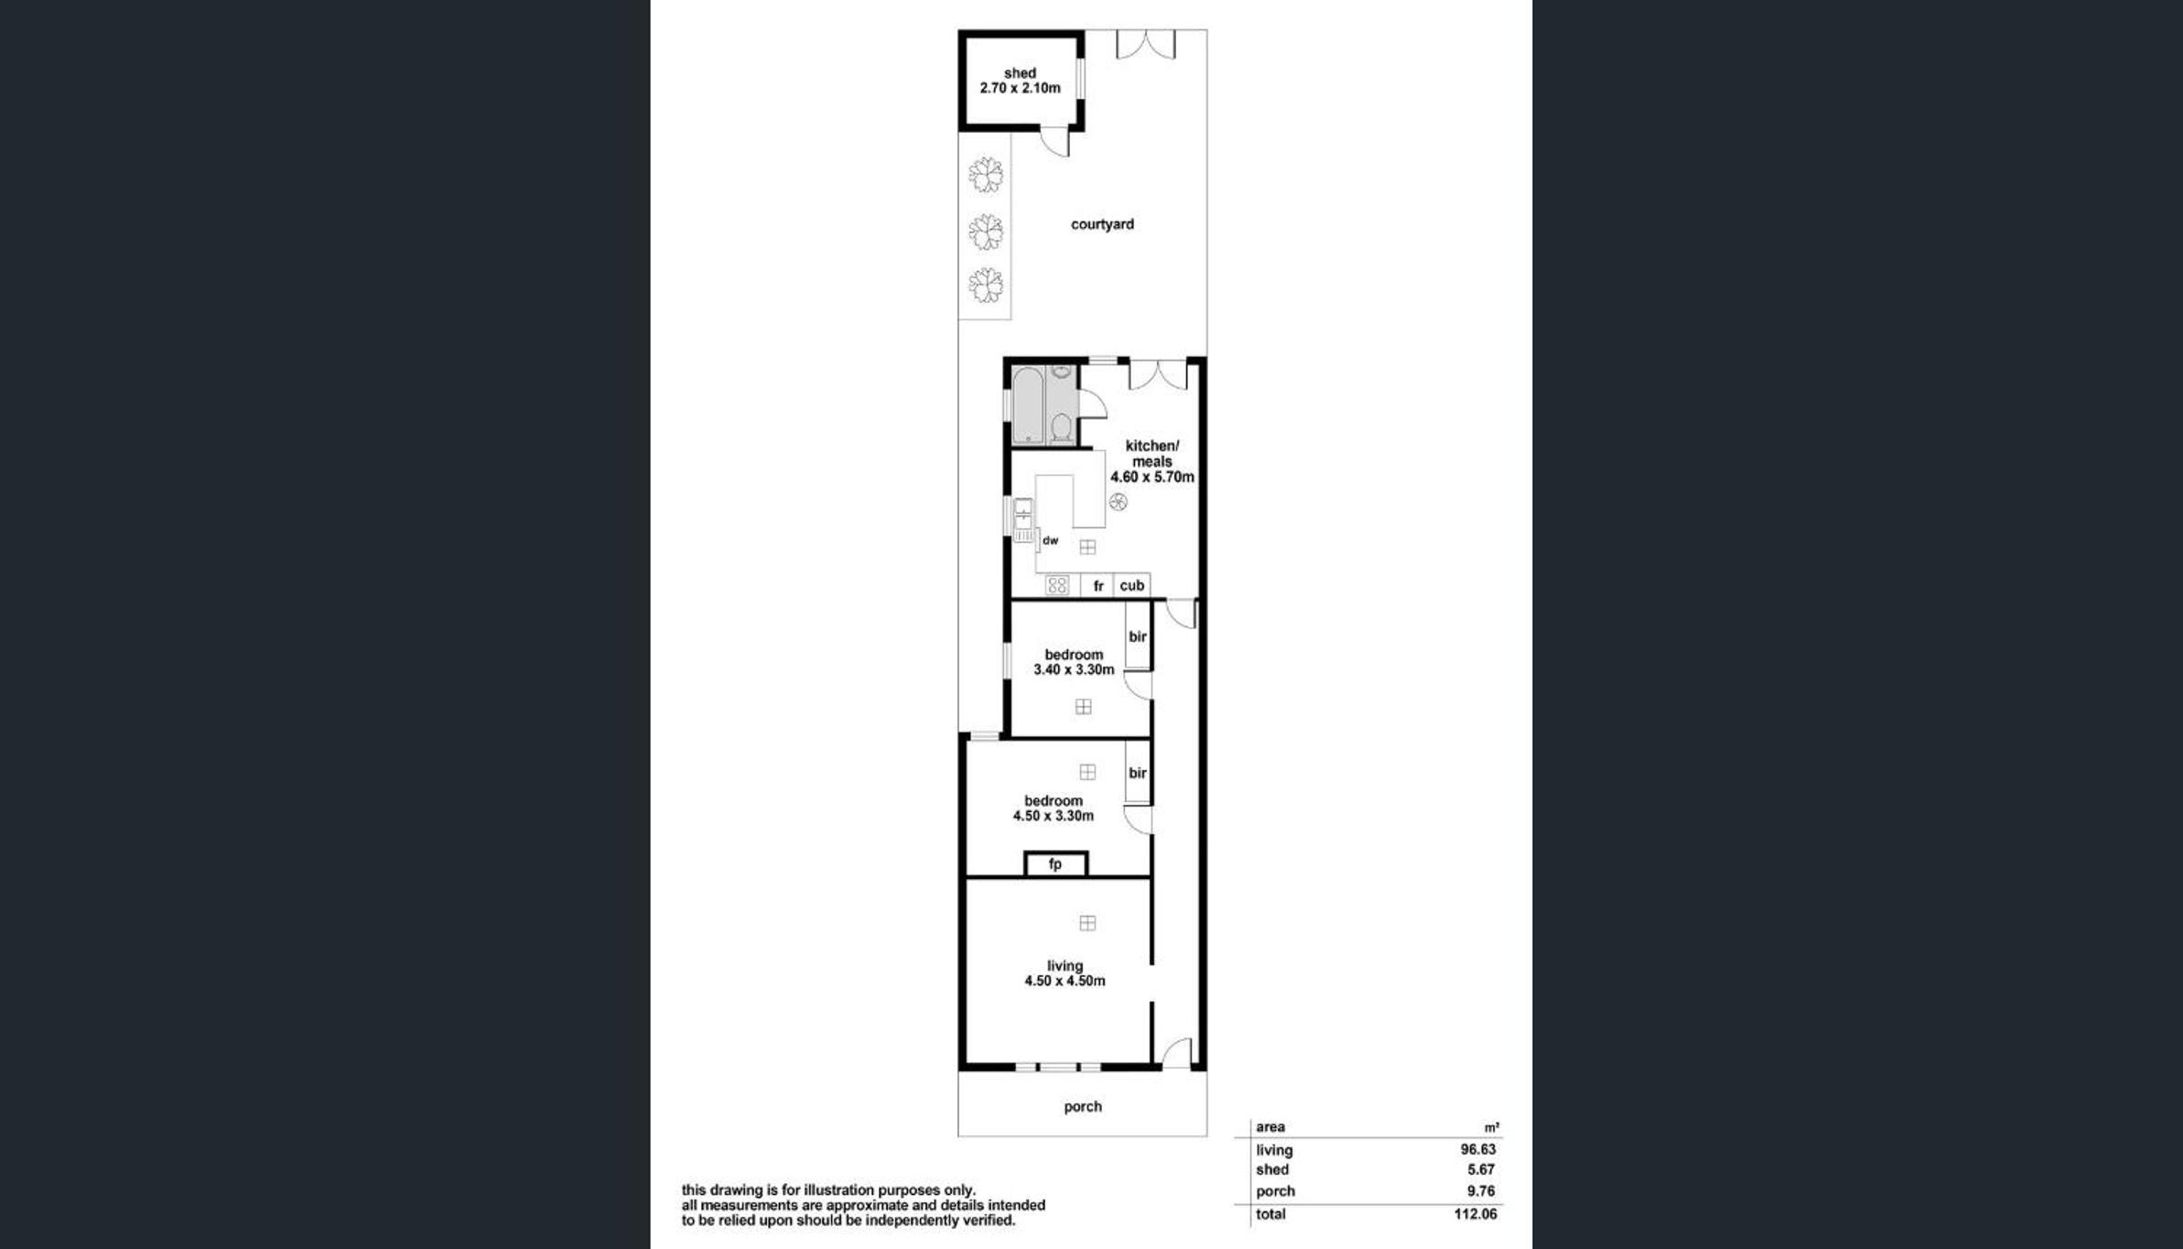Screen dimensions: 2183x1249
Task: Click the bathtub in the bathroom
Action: point(1027,405)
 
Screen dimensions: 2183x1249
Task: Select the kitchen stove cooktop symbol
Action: point(1057,585)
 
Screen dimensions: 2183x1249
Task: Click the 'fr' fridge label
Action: point(1098,586)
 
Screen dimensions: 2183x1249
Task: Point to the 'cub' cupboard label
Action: point(1131,585)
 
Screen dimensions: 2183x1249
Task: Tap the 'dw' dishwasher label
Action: point(1050,540)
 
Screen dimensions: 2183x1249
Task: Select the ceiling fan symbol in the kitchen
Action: point(1118,502)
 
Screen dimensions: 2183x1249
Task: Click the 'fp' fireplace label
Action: point(1055,863)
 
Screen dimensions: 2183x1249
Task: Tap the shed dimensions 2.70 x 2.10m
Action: point(1020,88)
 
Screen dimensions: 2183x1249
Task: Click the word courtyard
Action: point(1102,224)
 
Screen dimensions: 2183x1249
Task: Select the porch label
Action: point(1083,1106)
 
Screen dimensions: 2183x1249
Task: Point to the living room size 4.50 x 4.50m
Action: point(1064,981)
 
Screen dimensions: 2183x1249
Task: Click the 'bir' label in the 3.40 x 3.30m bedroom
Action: point(1138,636)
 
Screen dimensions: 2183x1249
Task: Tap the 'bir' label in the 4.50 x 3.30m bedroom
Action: point(1138,773)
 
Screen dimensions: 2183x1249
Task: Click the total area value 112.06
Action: point(1475,1214)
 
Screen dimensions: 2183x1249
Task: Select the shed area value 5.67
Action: point(1480,1169)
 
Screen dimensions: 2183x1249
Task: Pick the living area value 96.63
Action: point(1477,1149)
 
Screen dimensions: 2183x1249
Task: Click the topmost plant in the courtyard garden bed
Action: point(986,175)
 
